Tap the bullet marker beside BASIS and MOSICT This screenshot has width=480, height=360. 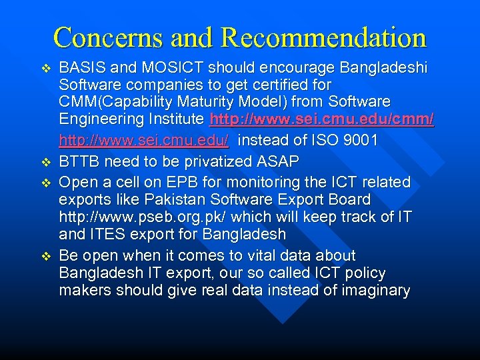tap(46, 69)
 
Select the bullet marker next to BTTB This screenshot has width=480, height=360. tap(46, 162)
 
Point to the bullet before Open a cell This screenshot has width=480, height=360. tap(46, 182)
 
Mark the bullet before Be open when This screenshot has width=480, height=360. tap(46, 257)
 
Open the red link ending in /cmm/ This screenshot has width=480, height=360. tap(321, 120)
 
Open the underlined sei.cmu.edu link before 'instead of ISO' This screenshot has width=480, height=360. tap(144, 141)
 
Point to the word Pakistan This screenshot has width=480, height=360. tap(155, 199)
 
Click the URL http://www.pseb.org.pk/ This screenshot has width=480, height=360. tap(134, 217)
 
